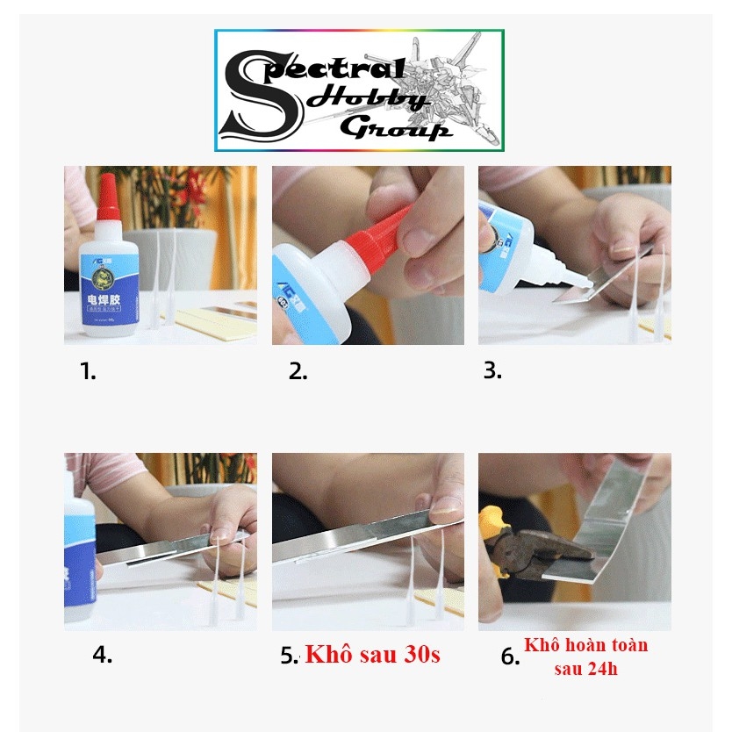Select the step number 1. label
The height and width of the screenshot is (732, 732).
tap(88, 371)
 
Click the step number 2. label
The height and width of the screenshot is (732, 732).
tap(298, 371)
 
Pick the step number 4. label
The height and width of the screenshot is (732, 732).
tap(103, 655)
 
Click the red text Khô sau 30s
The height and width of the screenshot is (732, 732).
tap(372, 655)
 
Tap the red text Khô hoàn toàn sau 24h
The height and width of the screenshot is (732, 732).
tap(585, 657)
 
